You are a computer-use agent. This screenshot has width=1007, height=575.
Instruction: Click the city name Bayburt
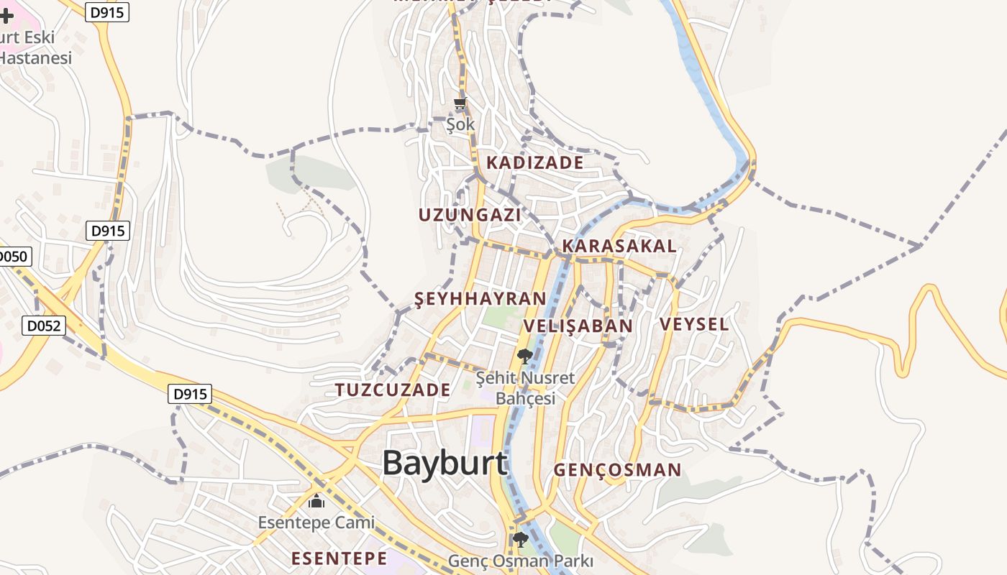[445, 463]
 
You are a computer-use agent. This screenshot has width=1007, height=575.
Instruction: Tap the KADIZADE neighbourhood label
[534, 162]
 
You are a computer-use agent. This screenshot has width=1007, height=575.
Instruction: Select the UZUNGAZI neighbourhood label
[470, 214]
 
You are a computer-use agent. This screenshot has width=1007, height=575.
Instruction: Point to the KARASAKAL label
[619, 246]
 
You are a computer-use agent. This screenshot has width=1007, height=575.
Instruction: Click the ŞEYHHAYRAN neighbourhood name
[480, 299]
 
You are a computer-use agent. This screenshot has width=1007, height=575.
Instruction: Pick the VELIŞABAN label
[578, 326]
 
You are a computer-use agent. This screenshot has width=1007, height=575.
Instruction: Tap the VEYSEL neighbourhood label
[694, 324]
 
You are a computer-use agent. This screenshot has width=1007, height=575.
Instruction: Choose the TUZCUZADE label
[393, 390]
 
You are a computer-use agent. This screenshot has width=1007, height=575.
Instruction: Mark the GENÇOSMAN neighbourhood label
[617, 471]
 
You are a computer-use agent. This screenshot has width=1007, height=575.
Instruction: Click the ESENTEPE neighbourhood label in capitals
[339, 558]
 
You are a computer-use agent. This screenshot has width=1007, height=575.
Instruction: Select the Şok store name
[460, 124]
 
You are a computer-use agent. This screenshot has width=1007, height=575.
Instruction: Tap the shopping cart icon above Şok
[460, 103]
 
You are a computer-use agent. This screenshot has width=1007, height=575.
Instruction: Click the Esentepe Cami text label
[316, 523]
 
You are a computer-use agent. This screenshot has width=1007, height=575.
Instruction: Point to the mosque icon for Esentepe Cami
[316, 501]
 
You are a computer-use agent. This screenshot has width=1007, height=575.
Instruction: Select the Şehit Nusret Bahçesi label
[527, 387]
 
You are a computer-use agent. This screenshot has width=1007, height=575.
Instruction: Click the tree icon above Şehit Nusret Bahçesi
[525, 355]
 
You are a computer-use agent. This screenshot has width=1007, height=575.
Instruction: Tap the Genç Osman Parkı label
[520, 561]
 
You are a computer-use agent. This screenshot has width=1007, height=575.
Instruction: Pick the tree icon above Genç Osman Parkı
[521, 539]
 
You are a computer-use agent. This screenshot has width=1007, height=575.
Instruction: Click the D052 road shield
[43, 326]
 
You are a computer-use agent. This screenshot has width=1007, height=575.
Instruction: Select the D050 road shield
[13, 257]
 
